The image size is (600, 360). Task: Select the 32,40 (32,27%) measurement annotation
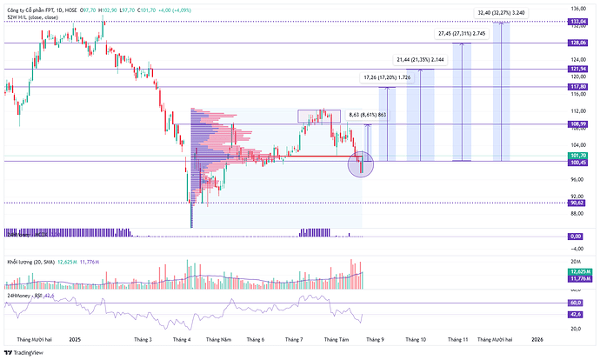tap(500, 12)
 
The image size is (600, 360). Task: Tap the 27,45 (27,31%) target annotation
tap(457, 33)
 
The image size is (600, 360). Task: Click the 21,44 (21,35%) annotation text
tap(420, 59)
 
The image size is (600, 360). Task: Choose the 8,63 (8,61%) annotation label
tap(367, 115)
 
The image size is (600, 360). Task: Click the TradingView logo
tap(24, 352)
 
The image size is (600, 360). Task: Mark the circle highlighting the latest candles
tap(360, 163)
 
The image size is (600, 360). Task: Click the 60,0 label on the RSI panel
tap(576, 303)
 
